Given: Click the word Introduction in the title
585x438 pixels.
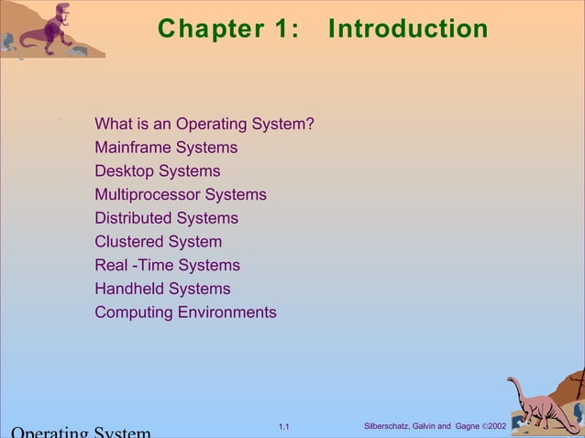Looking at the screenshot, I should pos(408,29).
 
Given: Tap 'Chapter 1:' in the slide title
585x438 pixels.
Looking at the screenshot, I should pos(228,29).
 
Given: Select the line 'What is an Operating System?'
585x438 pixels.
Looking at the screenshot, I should pos(204,124).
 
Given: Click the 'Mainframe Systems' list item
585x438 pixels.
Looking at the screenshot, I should pos(166,148).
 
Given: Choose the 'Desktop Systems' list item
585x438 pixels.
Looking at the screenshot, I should pos(158,171).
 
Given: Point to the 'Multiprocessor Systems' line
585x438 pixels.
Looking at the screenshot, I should pos(181,194).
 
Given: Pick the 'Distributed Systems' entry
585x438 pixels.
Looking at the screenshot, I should pos(166,218).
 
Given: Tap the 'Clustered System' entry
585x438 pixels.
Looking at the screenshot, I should pos(158,242).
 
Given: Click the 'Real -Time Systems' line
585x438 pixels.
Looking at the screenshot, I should pos(167,265).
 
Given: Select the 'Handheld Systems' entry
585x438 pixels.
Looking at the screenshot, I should pos(162,289).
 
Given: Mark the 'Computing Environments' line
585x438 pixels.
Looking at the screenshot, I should pos(185,312).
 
